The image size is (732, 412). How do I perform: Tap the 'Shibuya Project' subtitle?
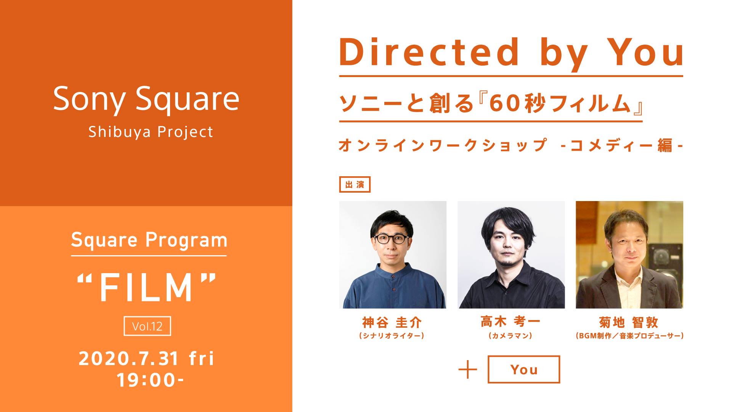tap(151, 132)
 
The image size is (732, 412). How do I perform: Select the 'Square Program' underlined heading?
tap(149, 240)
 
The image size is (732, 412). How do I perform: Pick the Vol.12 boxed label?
tap(147, 326)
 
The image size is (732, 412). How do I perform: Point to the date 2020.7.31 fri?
tap(147, 359)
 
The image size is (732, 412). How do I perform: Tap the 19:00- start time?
tap(150, 380)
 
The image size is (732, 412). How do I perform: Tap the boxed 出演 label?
tap(355, 185)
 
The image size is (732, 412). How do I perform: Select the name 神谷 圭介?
tap(392, 323)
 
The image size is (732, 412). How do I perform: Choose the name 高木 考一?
tap(510, 322)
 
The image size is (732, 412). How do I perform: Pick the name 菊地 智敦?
tap(629, 323)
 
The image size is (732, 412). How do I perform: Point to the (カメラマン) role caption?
tap(510, 336)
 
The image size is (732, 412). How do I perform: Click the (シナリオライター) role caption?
tap(392, 336)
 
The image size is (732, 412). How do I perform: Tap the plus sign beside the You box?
tap(468, 369)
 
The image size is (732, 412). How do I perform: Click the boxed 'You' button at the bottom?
tap(524, 369)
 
